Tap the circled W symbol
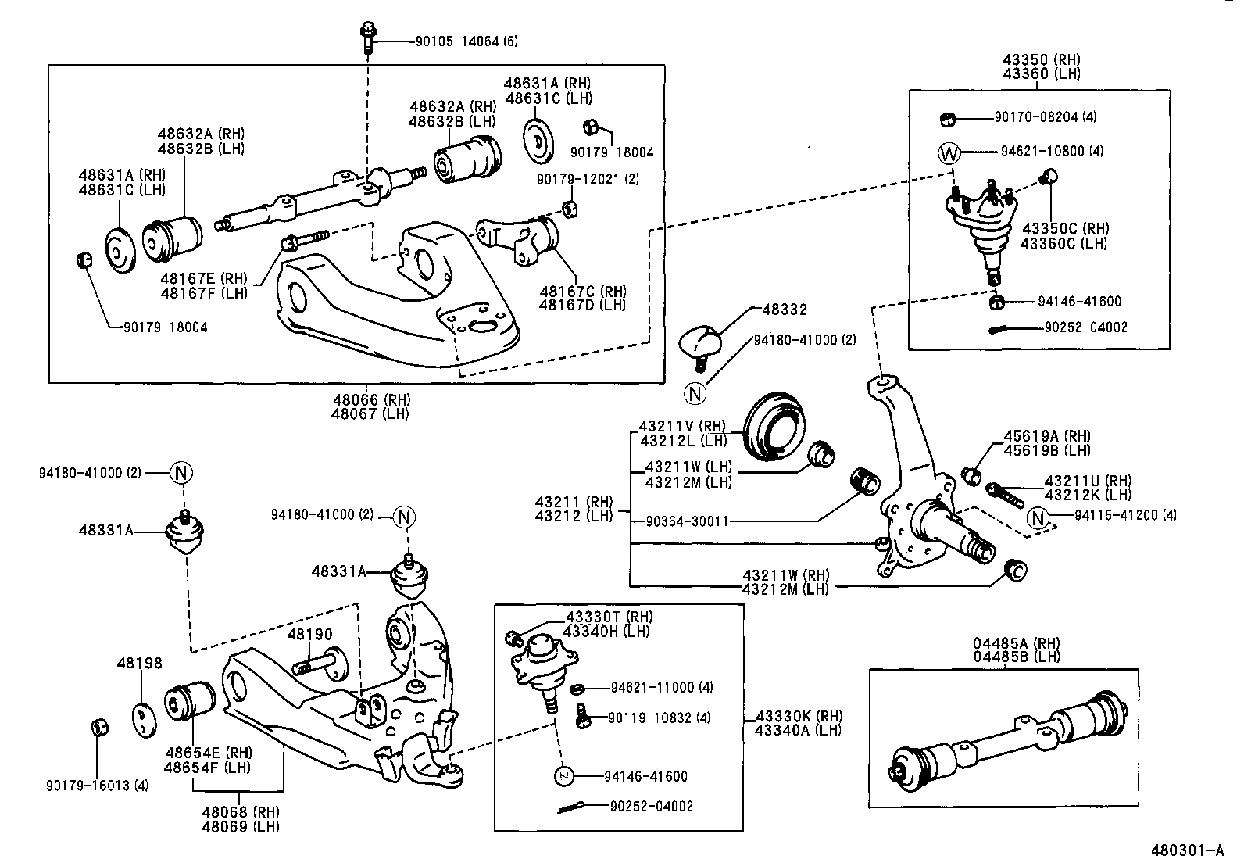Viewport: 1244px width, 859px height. pyautogui.click(x=948, y=153)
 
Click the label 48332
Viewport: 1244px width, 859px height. pyautogui.click(x=784, y=310)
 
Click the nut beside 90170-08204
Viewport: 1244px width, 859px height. pyautogui.click(x=947, y=119)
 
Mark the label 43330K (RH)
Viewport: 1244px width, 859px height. pyautogui.click(x=798, y=716)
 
